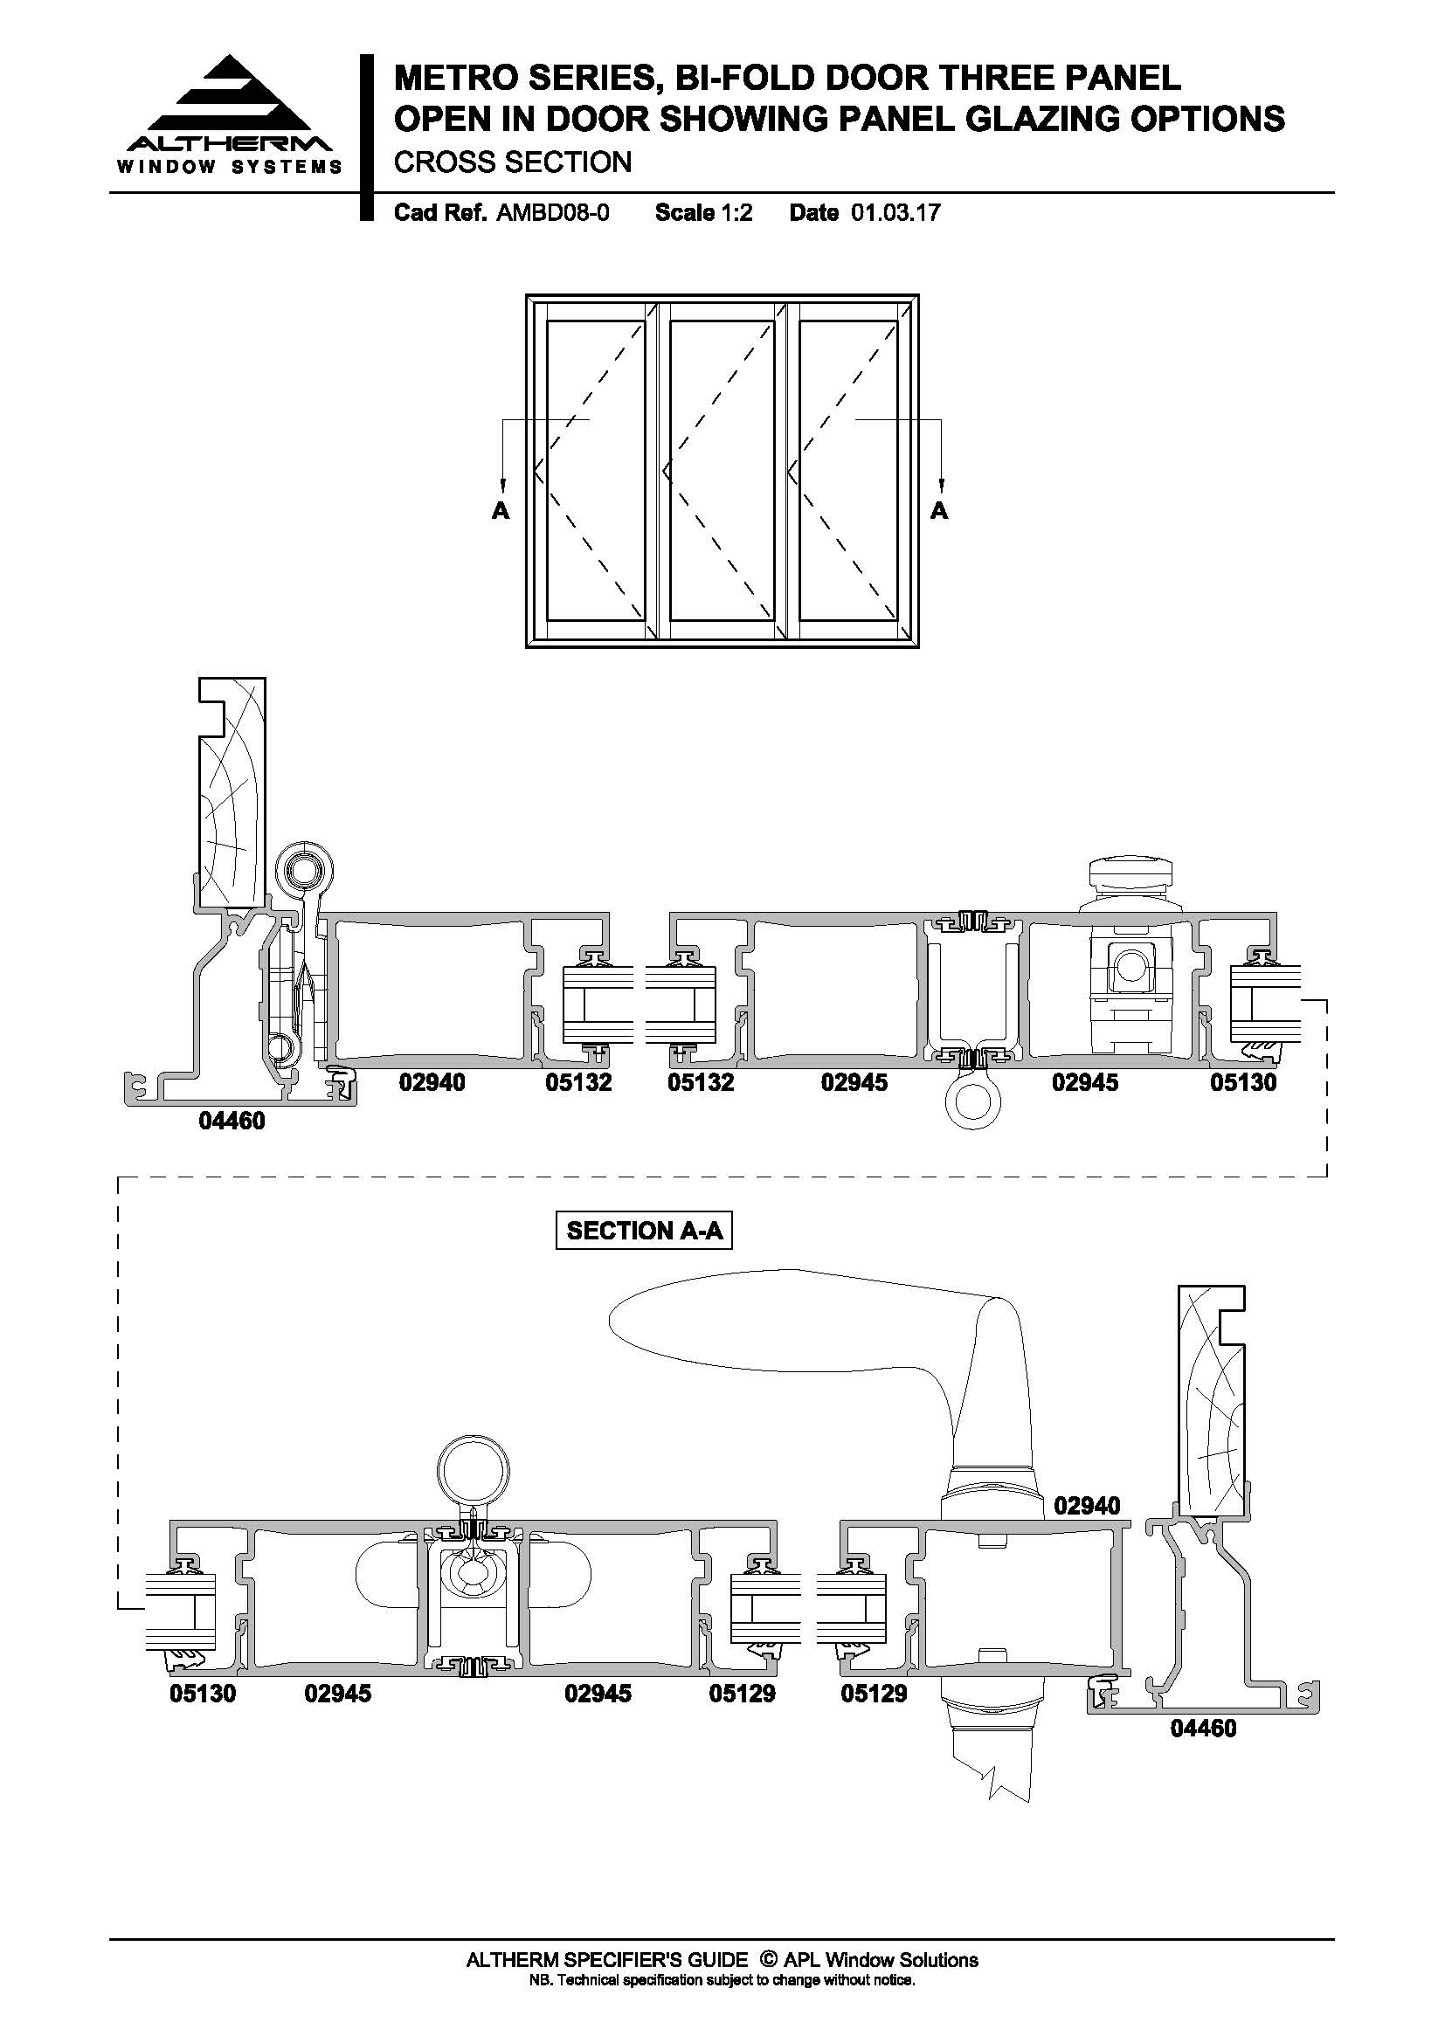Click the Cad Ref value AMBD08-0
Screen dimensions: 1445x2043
coord(552,212)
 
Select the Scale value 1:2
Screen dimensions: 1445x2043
coord(736,212)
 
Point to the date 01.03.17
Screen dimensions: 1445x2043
coord(895,212)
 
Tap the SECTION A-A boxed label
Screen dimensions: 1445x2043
coord(644,1231)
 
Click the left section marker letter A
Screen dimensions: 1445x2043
coord(501,511)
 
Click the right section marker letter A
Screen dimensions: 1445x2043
coord(940,511)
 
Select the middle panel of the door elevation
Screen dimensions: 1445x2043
coord(721,470)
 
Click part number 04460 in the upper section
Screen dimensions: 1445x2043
coord(232,1122)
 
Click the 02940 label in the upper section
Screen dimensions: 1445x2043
coord(432,1083)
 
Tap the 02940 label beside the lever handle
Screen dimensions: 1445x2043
coord(1088,1506)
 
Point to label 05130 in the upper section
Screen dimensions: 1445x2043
coord(1243,1083)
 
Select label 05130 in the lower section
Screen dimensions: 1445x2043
coord(203,1694)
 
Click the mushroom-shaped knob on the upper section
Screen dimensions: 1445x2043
coord(1130,887)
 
